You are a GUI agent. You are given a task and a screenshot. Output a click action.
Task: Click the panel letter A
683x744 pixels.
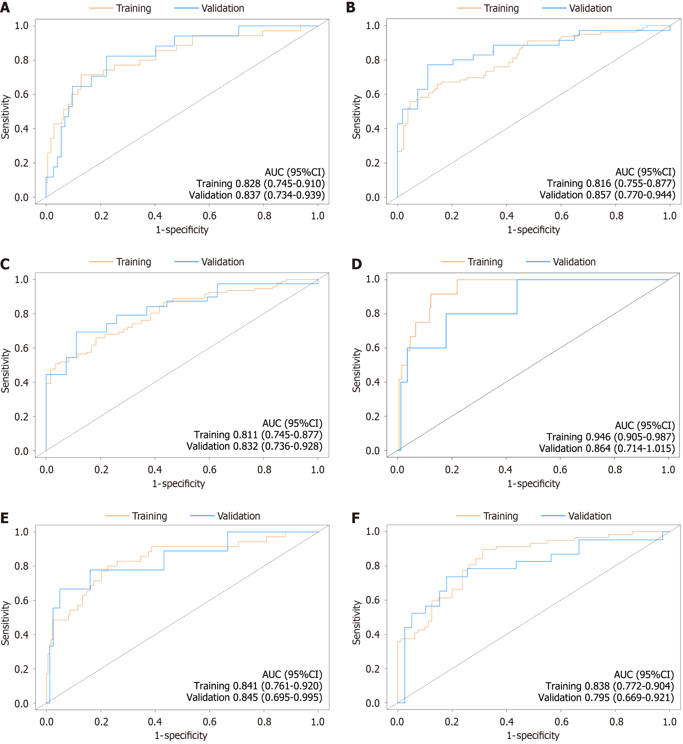tap(5, 7)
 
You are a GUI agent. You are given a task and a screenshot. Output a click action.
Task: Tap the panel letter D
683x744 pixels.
tap(357, 264)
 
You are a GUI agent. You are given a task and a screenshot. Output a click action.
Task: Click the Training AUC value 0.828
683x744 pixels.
tap(248, 183)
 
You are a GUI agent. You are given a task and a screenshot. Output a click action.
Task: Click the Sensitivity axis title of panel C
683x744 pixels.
tap(5, 370)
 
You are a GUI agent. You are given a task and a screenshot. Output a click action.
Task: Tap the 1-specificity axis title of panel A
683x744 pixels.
tap(182, 230)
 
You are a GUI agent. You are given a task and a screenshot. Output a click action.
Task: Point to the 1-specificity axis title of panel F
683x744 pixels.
tap(533, 735)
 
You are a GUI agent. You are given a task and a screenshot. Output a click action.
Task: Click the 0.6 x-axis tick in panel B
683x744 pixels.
tap(561, 216)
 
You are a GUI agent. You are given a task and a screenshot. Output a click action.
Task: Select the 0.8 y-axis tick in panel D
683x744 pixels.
tap(372, 313)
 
